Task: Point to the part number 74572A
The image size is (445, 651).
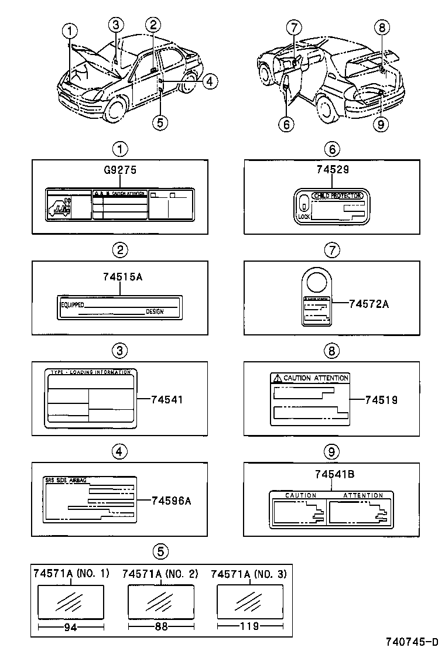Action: [369, 304]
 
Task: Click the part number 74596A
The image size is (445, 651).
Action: [172, 500]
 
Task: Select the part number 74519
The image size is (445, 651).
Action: [381, 400]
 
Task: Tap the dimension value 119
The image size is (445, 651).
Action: [249, 626]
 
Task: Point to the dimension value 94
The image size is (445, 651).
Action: [71, 626]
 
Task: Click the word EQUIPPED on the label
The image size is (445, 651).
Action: [73, 305]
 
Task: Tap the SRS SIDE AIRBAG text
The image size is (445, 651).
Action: [66, 480]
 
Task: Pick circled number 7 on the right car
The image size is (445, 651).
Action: [294, 26]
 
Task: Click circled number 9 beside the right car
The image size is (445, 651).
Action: [381, 124]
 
